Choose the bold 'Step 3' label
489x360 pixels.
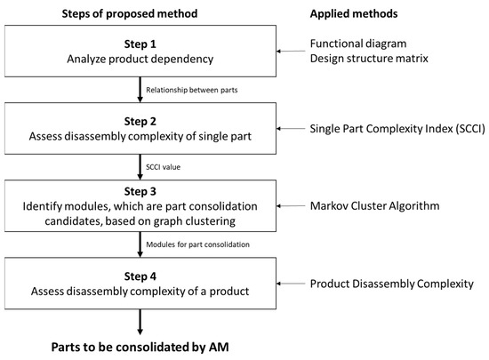[141, 192]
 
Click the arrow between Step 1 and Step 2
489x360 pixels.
[140, 89]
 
